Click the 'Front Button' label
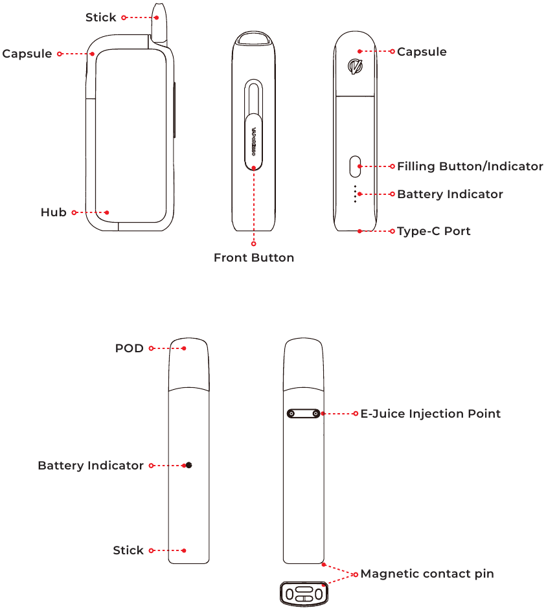click(254, 258)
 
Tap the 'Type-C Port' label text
click(433, 231)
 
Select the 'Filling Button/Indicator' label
click(470, 166)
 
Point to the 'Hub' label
click(53, 212)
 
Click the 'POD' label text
click(129, 348)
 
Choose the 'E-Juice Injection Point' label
click(430, 414)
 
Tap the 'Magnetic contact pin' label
click(427, 574)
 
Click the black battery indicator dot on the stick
click(188, 466)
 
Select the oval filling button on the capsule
click(355, 166)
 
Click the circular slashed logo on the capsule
click(355, 66)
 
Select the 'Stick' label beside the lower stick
click(128, 550)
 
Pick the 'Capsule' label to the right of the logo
click(422, 52)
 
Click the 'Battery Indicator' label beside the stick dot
click(91, 466)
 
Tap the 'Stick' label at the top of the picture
click(100, 17)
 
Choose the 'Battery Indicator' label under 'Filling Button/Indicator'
click(449, 194)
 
